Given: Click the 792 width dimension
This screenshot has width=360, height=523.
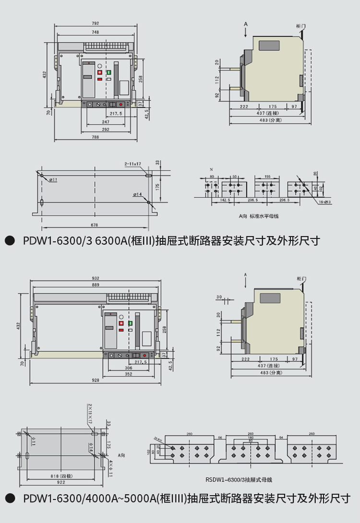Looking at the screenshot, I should [x=95, y=23].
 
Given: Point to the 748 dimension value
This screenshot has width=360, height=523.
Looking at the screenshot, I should [x=95, y=32].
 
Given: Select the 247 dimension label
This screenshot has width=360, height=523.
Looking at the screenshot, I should [x=106, y=122].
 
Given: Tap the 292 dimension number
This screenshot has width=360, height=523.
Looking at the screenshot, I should [x=106, y=130].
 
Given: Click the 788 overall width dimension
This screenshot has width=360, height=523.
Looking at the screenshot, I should [x=95, y=137].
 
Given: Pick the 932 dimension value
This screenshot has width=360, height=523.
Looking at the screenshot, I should [x=96, y=278].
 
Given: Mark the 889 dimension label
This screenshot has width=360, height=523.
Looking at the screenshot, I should [x=96, y=285].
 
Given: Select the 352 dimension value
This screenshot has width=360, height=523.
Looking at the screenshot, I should [x=129, y=374].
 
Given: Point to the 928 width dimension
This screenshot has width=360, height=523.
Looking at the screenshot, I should [x=96, y=380].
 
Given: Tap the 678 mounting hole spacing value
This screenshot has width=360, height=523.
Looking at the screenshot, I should [x=94, y=225].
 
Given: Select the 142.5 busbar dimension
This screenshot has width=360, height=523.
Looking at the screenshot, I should [x=225, y=200].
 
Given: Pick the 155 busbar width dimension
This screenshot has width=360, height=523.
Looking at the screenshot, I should [x=267, y=177].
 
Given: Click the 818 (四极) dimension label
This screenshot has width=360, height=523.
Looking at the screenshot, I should [x=61, y=476].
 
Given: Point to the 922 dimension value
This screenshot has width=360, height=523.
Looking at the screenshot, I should [x=61, y=482].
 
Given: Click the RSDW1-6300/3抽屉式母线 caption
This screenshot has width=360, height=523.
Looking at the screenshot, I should [x=239, y=479].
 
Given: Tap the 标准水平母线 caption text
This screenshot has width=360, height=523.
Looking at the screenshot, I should [x=264, y=216].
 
